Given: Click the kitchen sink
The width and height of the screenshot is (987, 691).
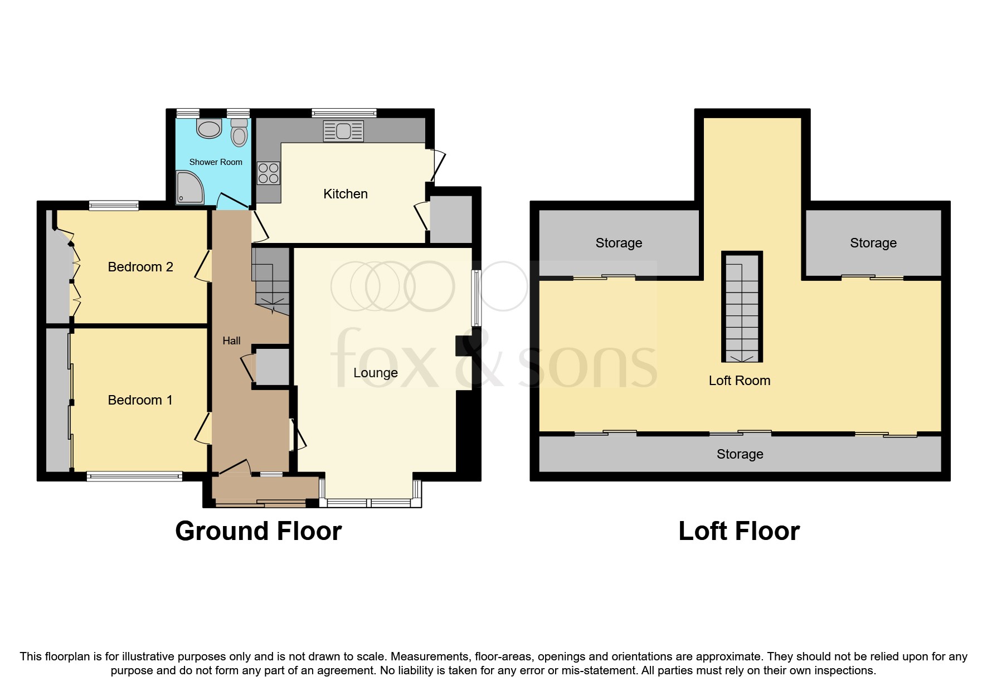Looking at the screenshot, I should [343, 132].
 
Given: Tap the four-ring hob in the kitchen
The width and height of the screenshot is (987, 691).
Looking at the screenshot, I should [268, 172].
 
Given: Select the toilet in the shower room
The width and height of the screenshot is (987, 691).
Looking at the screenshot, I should [239, 133].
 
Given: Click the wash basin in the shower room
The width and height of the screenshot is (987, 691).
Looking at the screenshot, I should [209, 129].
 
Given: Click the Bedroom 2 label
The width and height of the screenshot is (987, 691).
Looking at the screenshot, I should [140, 267].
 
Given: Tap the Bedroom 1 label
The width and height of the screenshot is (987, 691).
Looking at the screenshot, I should [140, 400].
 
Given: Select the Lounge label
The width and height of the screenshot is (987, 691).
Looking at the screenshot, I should [375, 373].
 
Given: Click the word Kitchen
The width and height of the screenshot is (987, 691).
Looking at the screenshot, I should [346, 194].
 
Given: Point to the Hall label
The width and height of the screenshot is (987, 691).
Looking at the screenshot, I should [231, 340].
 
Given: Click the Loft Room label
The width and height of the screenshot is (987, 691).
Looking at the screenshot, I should [739, 381].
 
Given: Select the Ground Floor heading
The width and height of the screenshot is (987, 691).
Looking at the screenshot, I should [258, 531].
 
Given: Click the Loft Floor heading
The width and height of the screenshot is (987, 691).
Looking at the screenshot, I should [738, 531].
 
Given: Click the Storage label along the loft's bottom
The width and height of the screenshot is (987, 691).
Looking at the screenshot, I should [740, 454].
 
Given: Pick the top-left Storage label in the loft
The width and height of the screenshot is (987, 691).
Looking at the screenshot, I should [619, 243].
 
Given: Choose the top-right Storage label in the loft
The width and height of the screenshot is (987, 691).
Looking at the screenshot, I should [873, 243].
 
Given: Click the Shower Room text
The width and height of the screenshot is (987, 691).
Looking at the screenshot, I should [216, 162].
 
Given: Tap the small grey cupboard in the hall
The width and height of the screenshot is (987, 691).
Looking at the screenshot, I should [272, 366].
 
